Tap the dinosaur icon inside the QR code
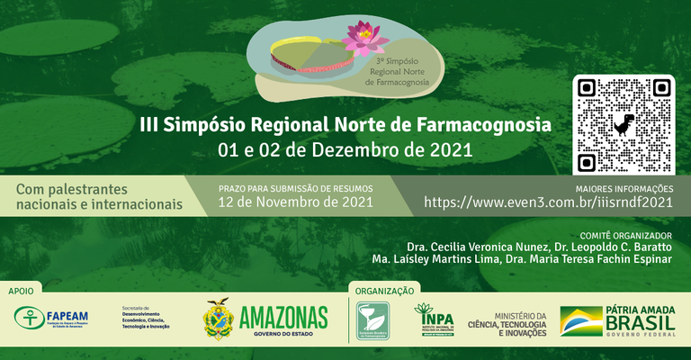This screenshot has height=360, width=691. coord(623,124)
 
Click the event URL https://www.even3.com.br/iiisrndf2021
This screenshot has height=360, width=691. coord(548,202)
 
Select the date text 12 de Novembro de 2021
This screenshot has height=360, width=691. coord(296,202)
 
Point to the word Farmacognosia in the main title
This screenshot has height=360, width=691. coord(486,124)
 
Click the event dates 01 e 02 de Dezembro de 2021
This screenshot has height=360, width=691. coord(351,149)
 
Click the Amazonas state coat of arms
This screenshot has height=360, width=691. coord(218,319)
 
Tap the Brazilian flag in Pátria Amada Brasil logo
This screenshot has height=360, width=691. coord(581,320)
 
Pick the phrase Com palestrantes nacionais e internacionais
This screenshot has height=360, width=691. coord(99,196)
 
